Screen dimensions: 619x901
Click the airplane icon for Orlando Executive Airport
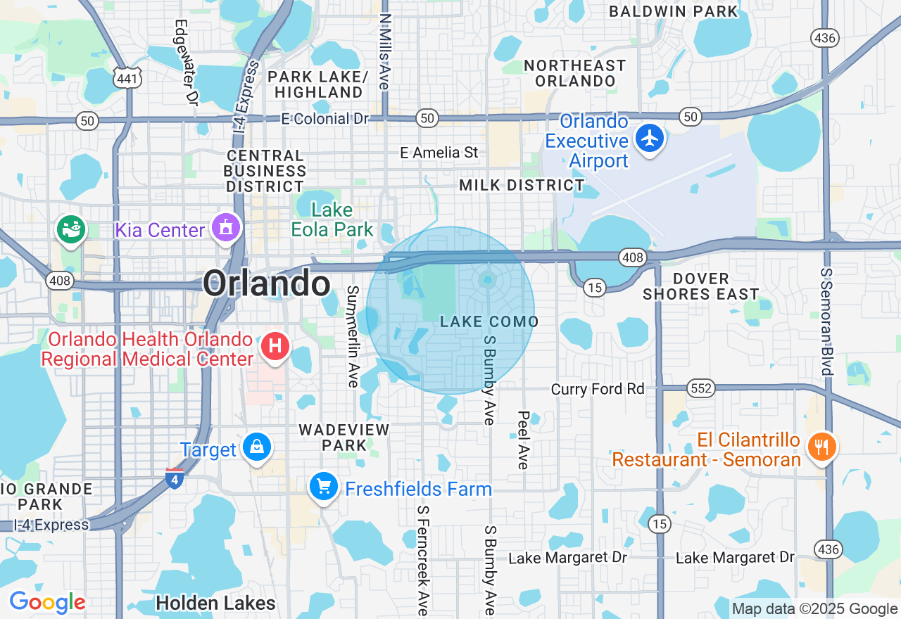[650, 138]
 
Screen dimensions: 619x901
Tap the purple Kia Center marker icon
[225, 228]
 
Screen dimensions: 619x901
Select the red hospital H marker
[275, 347]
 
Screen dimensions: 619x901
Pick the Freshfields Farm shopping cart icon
[324, 486]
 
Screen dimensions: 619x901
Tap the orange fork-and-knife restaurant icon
[821, 447]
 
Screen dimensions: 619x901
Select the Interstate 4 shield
[175, 478]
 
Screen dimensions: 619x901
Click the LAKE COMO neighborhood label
[489, 322]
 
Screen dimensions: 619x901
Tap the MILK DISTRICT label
[522, 186]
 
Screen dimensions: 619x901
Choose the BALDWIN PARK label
[674, 11]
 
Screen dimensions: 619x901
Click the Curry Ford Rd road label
[598, 389]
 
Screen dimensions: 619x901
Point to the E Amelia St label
[439, 153]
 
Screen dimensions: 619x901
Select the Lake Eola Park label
[332, 219]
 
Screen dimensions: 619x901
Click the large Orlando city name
[267, 284]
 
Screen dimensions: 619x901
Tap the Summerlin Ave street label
[353, 336]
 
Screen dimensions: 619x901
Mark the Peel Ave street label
[523, 440]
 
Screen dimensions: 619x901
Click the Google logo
[47, 602]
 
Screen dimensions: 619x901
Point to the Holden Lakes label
[215, 604]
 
